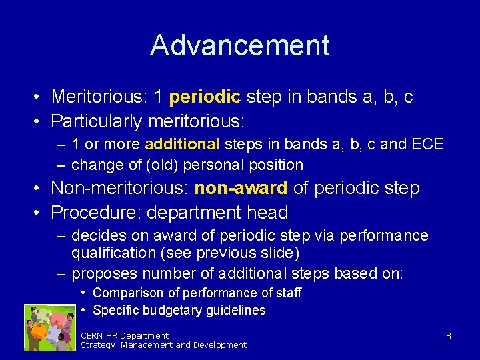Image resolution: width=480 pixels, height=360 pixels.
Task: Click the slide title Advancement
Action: pyautogui.click(x=239, y=45)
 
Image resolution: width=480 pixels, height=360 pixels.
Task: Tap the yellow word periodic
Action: pyautogui.click(x=205, y=97)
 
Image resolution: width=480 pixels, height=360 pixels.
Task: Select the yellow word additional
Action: pyautogui.click(x=182, y=144)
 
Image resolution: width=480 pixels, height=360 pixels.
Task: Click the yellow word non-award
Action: pyautogui.click(x=241, y=189)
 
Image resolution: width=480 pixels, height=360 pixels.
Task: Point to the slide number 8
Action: pyautogui.click(x=449, y=337)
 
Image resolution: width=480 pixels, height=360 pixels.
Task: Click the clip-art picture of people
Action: pyautogui.click(x=50, y=327)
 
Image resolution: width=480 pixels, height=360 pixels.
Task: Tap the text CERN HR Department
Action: pyautogui.click(x=125, y=335)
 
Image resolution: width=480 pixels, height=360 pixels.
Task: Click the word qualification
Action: pyautogui.click(x=108, y=253)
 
